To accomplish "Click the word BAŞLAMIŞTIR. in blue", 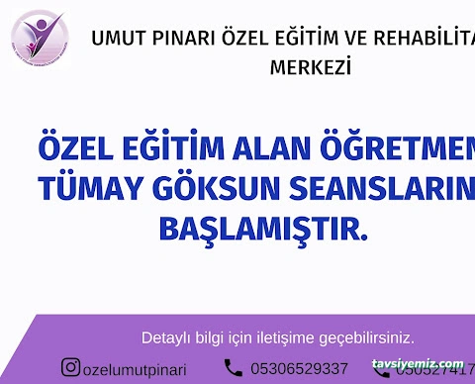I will (262, 230).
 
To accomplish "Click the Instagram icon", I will (71, 368).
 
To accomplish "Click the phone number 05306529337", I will (299, 369).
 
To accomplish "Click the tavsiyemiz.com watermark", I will (418, 363).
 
